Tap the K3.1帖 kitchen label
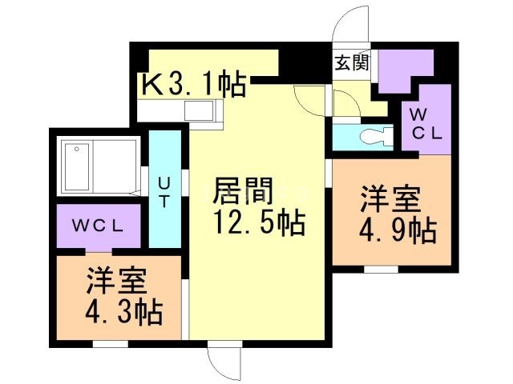tap(194, 85)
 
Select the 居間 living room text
tap(243, 192)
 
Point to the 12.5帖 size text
tap(258, 223)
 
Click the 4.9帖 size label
tap(398, 231)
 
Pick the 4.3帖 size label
tap(123, 310)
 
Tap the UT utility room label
tap(163, 192)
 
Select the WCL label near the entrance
tap(427, 125)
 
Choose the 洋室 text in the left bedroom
tap(118, 280)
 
